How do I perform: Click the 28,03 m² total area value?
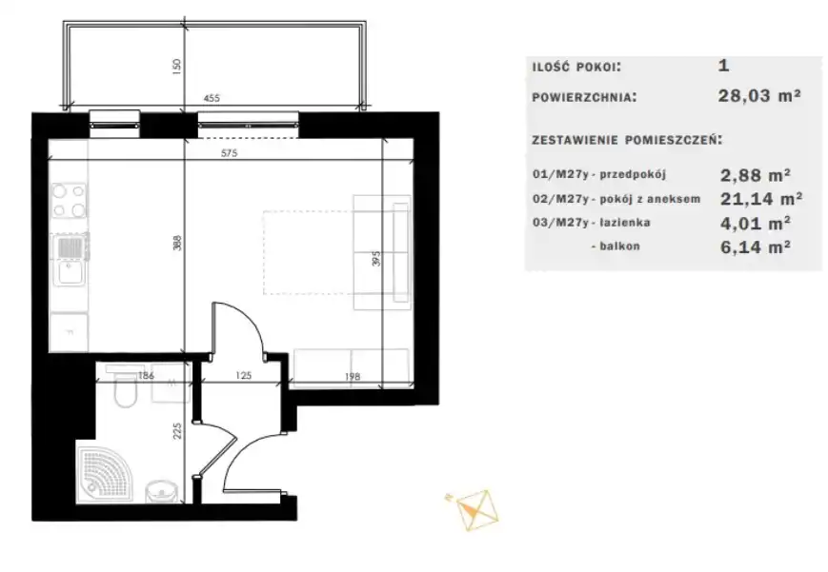[759, 95]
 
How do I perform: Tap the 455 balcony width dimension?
[212, 98]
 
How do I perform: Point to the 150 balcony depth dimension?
[176, 66]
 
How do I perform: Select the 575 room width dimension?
[230, 153]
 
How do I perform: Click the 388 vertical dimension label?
[177, 243]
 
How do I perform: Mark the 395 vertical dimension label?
[376, 259]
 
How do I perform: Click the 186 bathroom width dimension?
[146, 376]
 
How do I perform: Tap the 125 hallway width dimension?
[243, 376]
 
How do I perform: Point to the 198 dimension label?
[353, 376]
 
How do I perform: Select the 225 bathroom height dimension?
[177, 430]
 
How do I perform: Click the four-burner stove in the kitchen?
[69, 201]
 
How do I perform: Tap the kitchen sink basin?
[70, 273]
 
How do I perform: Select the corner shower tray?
[104, 475]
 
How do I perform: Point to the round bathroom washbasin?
[162, 492]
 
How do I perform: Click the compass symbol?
[473, 510]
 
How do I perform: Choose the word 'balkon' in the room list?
[619, 247]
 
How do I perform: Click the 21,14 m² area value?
[761, 199]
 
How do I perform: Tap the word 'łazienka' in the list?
[625, 223]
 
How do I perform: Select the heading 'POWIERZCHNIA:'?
[584, 98]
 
